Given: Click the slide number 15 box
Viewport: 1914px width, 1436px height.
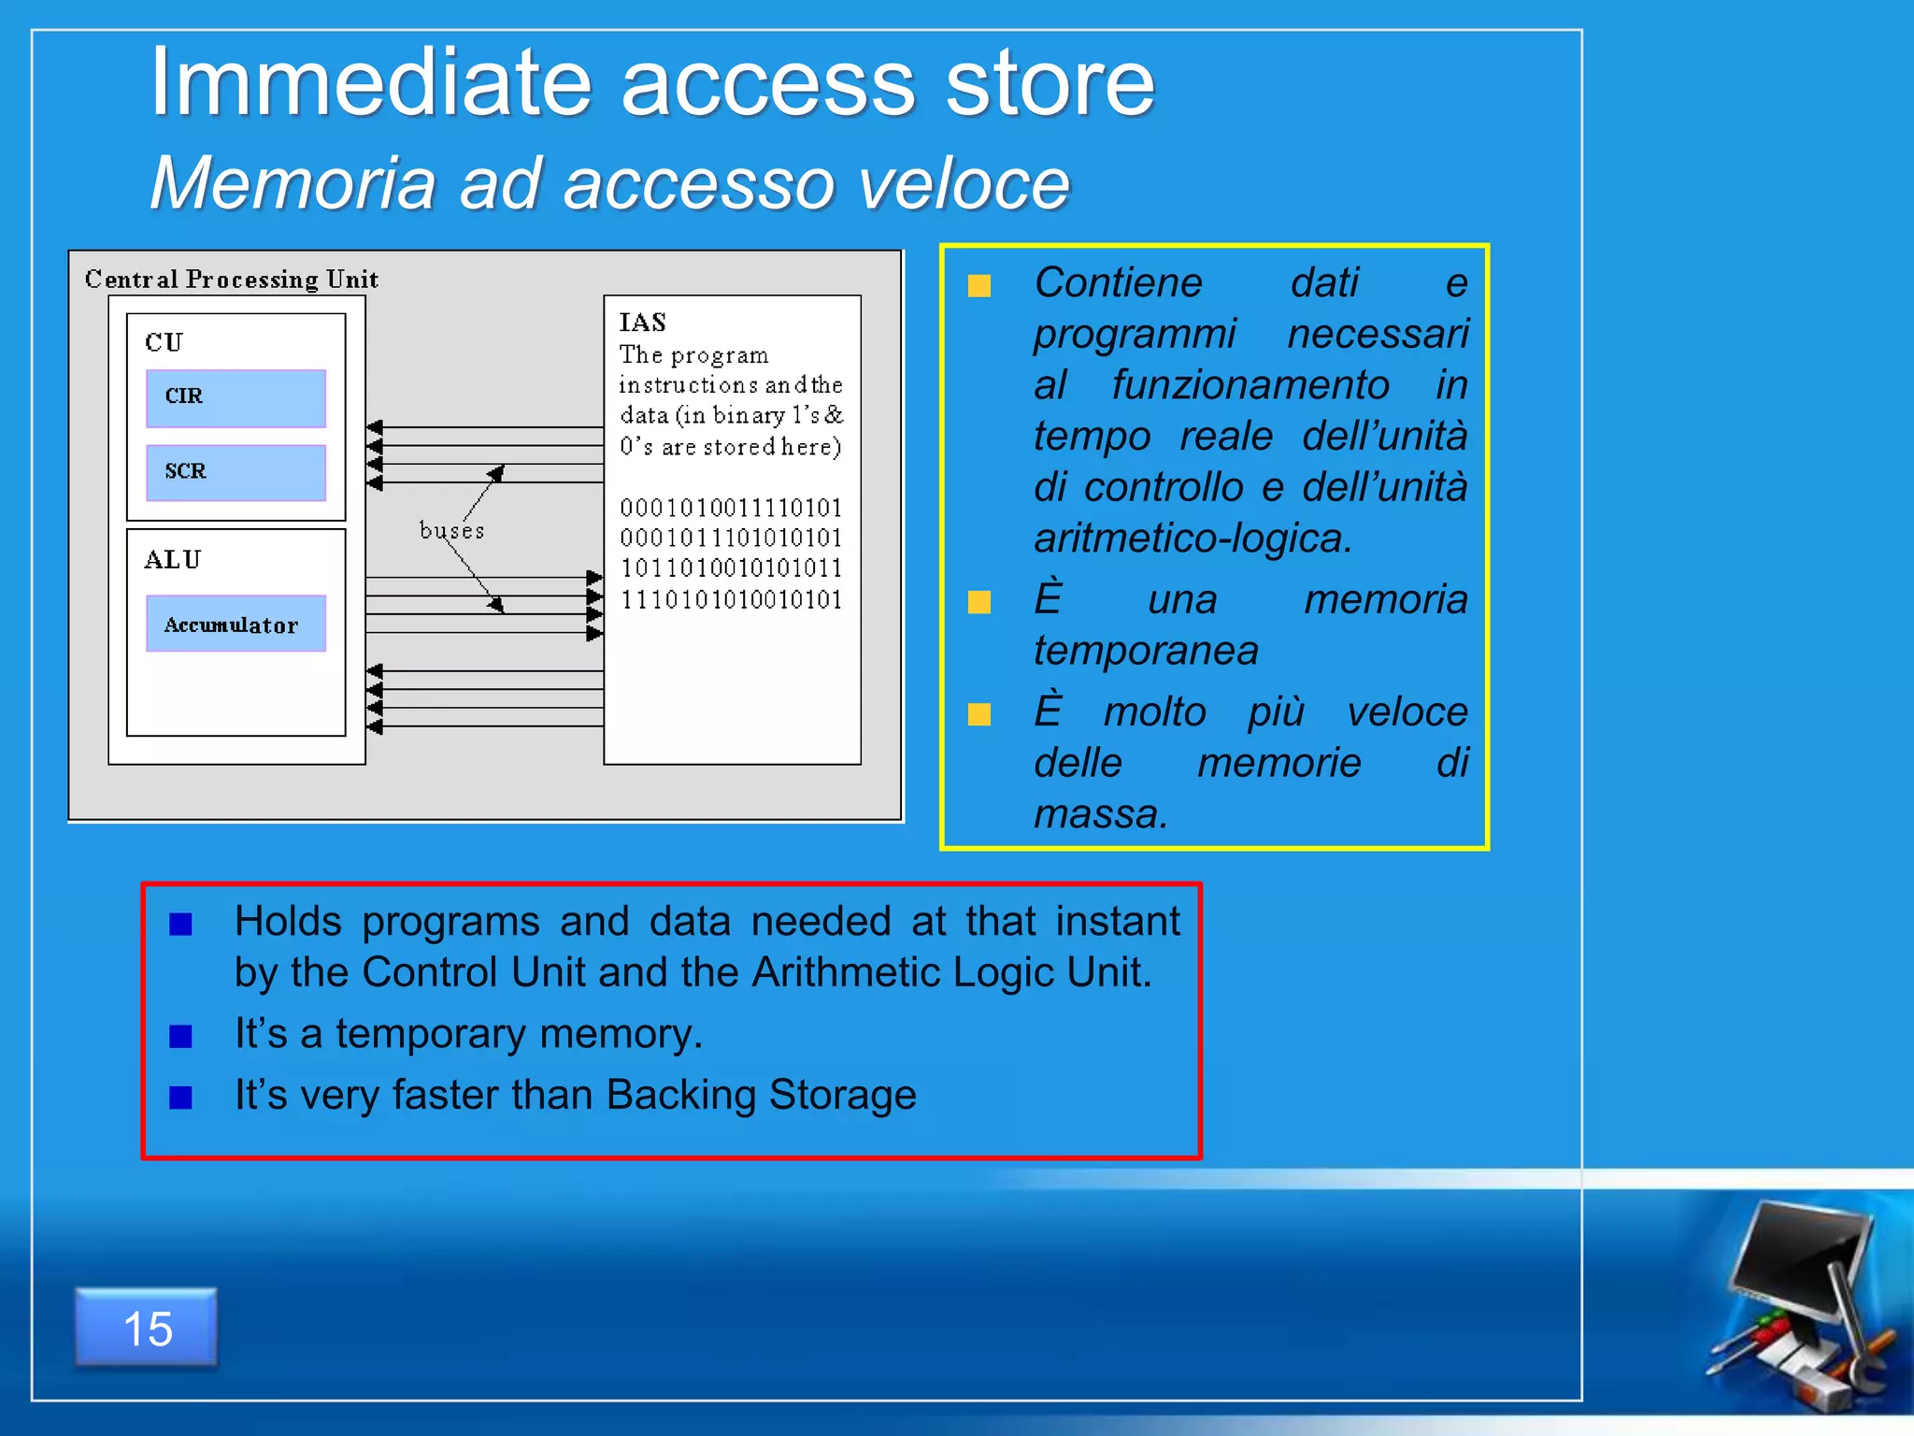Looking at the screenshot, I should click(x=147, y=1328).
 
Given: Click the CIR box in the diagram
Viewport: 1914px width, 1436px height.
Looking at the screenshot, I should click(x=236, y=397).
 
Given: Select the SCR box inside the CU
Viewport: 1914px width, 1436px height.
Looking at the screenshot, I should click(x=236, y=472).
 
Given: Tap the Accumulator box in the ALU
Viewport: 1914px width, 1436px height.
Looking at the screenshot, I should click(x=236, y=624).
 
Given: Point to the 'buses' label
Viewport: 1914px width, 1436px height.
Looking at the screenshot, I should click(x=451, y=531).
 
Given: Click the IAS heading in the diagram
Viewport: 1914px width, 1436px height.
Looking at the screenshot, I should click(x=643, y=323).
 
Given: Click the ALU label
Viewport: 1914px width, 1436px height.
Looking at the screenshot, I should click(x=173, y=560).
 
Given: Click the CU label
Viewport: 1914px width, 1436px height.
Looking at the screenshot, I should click(x=164, y=342).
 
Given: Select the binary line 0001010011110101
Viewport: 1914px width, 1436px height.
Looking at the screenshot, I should click(x=731, y=508).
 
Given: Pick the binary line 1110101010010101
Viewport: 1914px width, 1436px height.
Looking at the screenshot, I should click(x=731, y=599).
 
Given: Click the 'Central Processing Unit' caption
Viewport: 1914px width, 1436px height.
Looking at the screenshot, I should click(x=232, y=280).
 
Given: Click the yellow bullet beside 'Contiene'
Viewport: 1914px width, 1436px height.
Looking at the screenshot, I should click(x=979, y=286).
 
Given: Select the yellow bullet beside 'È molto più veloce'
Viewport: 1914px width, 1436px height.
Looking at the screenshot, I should click(x=979, y=715).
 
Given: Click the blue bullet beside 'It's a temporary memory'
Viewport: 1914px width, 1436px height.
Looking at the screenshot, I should click(x=181, y=1037).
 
